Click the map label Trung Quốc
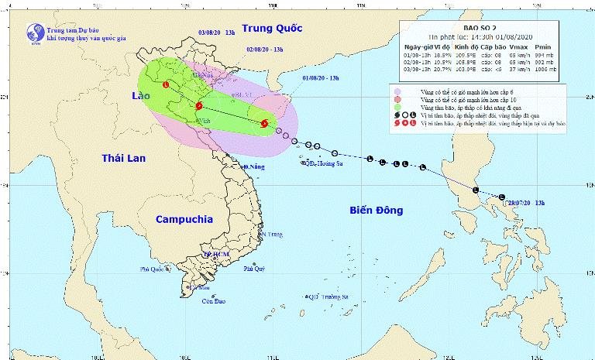[270, 29]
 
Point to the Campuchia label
[185, 219]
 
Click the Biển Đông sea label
[380, 210]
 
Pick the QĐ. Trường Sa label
[330, 297]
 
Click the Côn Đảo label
[204, 301]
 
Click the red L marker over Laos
[166, 84]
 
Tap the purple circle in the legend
[397, 91]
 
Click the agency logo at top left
[33, 33]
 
